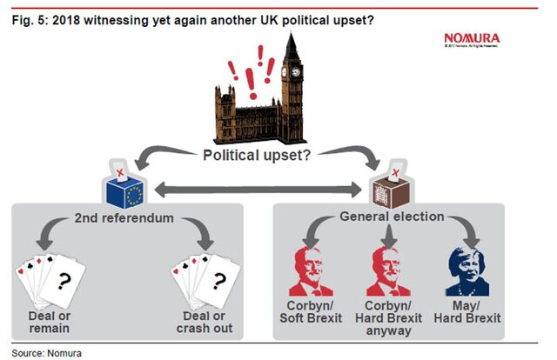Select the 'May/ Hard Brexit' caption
[x=471, y=312]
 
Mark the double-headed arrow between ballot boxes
[x=258, y=188]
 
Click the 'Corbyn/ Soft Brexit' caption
[x=314, y=312]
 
